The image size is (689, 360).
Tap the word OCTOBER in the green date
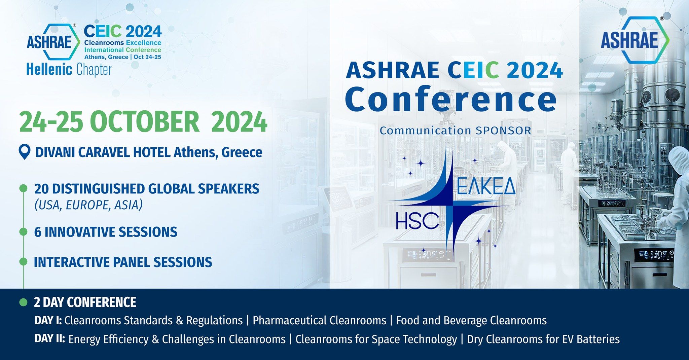[145, 122]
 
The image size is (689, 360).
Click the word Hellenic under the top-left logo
[49, 70]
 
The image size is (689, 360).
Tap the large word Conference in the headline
[451, 99]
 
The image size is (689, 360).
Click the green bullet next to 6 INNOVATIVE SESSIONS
[23, 232]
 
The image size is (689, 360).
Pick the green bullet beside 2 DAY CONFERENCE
[23, 302]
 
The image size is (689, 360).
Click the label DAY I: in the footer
[48, 320]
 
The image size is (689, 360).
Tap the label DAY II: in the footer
[50, 338]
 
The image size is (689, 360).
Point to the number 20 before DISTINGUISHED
[42, 189]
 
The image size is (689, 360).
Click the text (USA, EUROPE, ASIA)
[88, 205]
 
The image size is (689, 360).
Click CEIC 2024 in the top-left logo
[123, 31]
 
